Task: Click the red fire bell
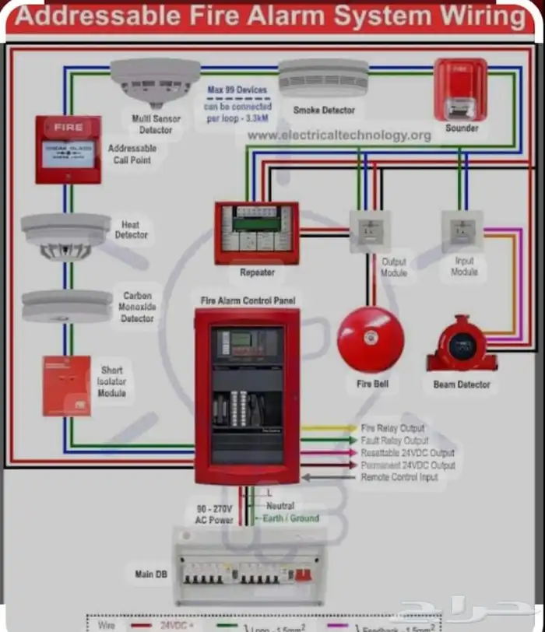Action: point(371,339)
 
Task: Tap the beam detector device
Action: point(462,345)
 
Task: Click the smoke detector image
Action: point(323,78)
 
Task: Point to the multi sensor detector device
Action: point(155,82)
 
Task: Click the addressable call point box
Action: point(68,149)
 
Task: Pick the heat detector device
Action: point(65,236)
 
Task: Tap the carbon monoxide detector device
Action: point(66,306)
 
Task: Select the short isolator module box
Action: point(66,385)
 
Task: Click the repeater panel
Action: point(256,232)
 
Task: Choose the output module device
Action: point(369,231)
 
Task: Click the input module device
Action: point(462,230)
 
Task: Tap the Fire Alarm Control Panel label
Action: point(248,300)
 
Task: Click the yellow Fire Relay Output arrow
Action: point(328,428)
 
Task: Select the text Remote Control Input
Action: point(399,477)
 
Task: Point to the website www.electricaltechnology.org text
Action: point(339,135)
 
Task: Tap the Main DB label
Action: point(150,574)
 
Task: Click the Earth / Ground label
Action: point(291,518)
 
